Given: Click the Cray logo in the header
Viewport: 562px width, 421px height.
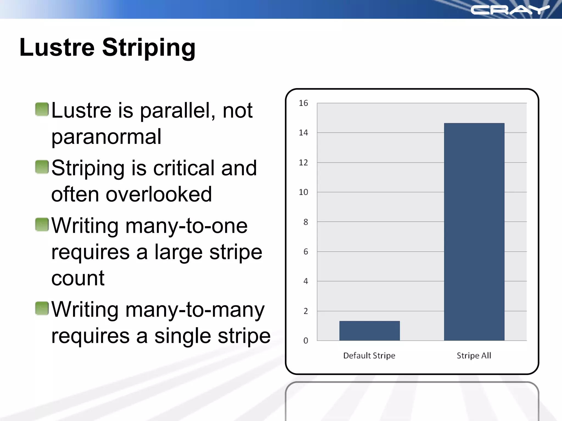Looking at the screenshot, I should click(x=510, y=10).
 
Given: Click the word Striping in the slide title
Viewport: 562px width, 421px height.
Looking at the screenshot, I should click(x=149, y=48).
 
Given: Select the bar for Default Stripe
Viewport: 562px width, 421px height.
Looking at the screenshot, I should click(x=369, y=331).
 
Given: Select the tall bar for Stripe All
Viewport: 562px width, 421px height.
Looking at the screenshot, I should click(x=474, y=232).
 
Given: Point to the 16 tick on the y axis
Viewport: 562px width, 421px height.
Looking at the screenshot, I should click(x=303, y=103).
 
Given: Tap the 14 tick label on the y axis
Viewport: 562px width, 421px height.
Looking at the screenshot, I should click(x=303, y=133).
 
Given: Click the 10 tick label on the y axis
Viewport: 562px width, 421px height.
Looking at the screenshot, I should click(x=303, y=192).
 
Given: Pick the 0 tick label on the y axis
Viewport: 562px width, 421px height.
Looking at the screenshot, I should click(x=305, y=341).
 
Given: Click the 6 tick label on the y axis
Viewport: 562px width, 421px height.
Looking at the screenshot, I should click(x=305, y=252).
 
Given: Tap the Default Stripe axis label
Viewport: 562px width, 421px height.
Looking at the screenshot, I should click(x=369, y=355).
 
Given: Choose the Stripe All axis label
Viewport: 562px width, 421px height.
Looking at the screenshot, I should click(x=474, y=355).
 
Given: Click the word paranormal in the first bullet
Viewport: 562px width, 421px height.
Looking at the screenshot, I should click(x=106, y=137).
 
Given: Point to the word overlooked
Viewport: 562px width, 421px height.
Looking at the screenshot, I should click(x=159, y=194).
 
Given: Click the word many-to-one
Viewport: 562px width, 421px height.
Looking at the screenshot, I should click(x=187, y=226).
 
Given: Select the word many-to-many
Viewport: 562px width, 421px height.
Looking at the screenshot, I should click(x=195, y=310).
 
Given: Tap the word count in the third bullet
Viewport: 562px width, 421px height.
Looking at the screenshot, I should click(x=78, y=278).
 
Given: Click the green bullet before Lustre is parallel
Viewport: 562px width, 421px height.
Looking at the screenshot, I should click(x=42, y=109).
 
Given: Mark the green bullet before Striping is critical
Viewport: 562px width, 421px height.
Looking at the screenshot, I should click(x=42, y=167).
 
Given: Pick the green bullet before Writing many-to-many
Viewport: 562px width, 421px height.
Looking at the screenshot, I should click(x=42, y=308).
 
